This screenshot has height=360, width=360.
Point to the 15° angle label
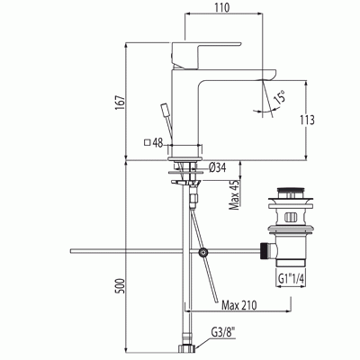click(x=281, y=97)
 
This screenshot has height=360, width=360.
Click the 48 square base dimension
click(x=157, y=142)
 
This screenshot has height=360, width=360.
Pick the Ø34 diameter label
click(x=216, y=166)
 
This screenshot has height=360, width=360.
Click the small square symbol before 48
click(x=147, y=142)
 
